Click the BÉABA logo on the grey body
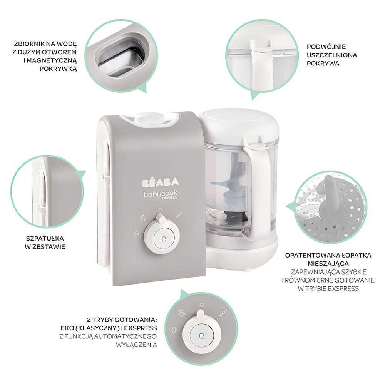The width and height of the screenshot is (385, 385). [160, 182]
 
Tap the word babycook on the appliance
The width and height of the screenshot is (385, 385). [160, 194]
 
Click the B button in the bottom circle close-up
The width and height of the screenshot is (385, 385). [202, 336]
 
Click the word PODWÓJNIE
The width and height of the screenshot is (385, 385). [326, 47]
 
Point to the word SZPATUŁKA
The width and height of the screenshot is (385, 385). [45, 238]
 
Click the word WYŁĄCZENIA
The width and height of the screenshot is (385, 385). [136, 345]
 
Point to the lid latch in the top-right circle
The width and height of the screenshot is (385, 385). [262, 64]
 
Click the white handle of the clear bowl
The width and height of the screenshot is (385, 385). [258, 189]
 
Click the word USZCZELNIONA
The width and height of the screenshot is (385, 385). [332, 55]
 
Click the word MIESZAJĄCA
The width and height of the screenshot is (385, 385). [328, 264]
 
